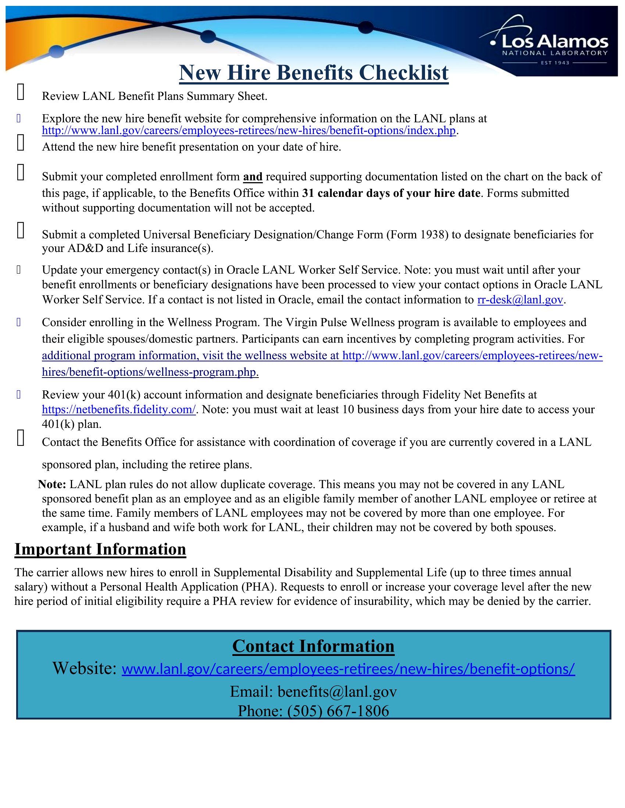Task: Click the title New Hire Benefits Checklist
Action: point(314,72)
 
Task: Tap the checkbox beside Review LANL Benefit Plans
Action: point(21,92)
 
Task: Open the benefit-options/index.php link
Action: point(249,131)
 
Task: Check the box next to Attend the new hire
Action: point(21,143)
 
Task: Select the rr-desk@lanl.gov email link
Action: point(520,300)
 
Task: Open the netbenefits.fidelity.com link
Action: point(118,410)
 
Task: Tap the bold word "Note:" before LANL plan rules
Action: point(52,484)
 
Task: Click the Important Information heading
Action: point(100,549)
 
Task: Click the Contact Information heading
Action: point(313,646)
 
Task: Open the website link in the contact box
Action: point(348,669)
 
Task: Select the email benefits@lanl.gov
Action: point(337,692)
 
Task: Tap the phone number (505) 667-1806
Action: point(338,711)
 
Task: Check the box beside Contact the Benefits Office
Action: point(21,438)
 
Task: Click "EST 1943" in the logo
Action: point(555,63)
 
